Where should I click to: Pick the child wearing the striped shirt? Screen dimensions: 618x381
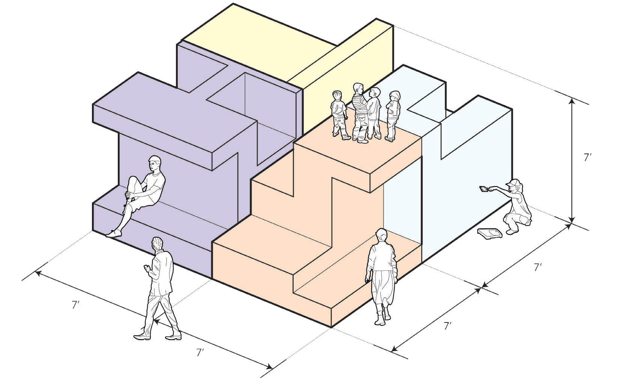tap(359, 112)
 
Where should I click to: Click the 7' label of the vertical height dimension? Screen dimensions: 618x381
tap(588, 158)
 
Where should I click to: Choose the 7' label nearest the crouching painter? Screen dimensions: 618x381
tap(538, 267)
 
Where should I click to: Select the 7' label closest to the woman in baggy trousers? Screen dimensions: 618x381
tap(447, 326)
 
